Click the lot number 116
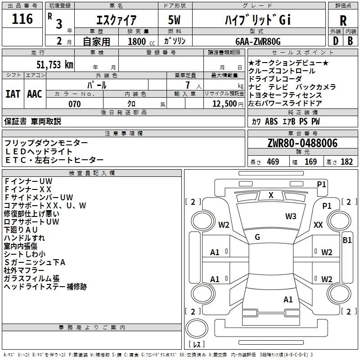(22, 19)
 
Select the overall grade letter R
(343, 21)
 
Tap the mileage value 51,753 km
(55, 65)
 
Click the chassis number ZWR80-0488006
(302, 143)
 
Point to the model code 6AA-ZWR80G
(258, 41)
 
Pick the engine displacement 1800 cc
(141, 41)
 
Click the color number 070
(75, 104)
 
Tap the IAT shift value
(13, 94)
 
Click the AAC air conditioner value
(35, 94)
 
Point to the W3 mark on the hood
(291, 216)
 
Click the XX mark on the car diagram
(318, 225)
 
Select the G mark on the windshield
(257, 237)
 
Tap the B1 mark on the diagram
(347, 240)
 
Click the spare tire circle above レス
(197, 328)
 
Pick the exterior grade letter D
(336, 41)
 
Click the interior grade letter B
(350, 41)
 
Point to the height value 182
(346, 162)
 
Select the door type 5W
(174, 20)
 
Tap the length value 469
(273, 162)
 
